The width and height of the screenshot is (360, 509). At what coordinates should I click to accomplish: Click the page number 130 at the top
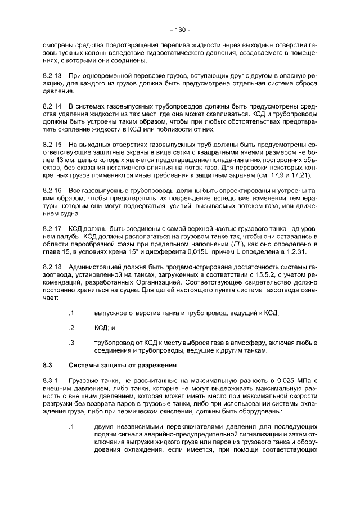(180, 29)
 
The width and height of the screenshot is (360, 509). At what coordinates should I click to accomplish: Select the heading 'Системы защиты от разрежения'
(123, 365)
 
